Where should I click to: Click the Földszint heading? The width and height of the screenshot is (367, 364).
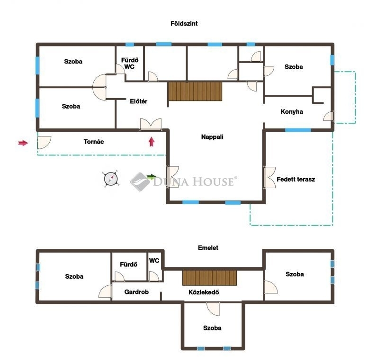click(x=184, y=23)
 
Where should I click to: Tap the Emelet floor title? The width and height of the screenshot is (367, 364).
click(x=208, y=247)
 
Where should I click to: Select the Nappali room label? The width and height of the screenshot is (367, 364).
click(x=212, y=137)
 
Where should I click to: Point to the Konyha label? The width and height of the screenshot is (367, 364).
click(x=292, y=111)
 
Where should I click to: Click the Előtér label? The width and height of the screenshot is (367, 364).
click(x=139, y=101)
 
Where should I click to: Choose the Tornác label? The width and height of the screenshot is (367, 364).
click(x=94, y=142)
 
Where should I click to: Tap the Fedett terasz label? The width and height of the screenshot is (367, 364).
click(x=296, y=179)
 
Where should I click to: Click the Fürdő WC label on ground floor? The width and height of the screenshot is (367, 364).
click(x=130, y=63)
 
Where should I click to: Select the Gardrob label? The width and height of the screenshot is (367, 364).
click(x=136, y=292)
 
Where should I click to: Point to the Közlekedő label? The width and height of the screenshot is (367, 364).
click(x=204, y=292)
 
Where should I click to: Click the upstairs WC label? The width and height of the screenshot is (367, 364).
click(x=154, y=261)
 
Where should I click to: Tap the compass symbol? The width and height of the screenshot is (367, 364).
click(x=111, y=179)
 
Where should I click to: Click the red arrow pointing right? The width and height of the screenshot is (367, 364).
click(x=23, y=143)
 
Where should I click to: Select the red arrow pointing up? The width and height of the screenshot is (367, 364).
click(x=152, y=142)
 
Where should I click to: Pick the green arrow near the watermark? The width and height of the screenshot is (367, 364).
click(x=152, y=176)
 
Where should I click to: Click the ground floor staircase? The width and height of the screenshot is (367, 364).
click(x=195, y=91)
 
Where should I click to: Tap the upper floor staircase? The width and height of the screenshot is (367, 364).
click(x=209, y=278)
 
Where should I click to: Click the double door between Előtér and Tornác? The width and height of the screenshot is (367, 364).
click(x=151, y=124)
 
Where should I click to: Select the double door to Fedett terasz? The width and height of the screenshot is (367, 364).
click(x=269, y=177)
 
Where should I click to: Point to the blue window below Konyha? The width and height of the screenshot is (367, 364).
click(x=298, y=130)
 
